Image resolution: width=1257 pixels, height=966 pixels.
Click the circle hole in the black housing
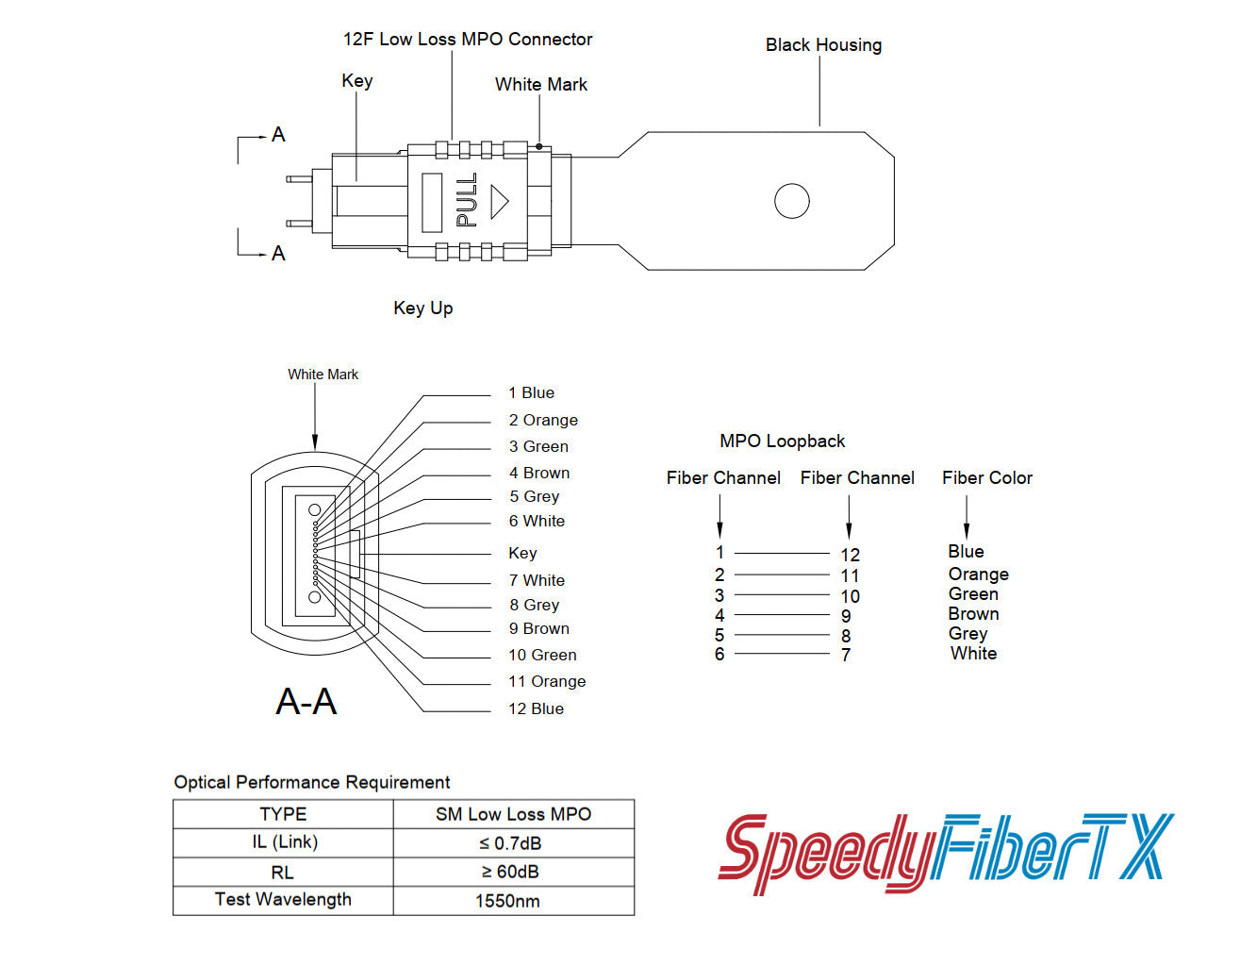coord(791,201)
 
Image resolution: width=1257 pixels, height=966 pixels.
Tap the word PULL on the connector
coord(467,200)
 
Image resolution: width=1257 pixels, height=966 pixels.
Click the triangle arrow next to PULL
coord(499,201)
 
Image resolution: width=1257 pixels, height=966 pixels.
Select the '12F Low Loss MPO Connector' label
coord(468,40)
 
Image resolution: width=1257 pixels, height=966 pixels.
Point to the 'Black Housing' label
coord(823,45)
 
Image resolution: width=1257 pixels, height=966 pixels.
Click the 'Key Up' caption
coord(423,308)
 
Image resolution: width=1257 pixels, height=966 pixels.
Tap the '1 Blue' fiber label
coord(531,393)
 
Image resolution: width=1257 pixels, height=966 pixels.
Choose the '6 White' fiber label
coord(537,522)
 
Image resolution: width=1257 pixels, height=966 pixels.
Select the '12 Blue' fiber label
coord(536,709)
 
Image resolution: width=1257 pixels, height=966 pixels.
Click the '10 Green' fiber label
coord(542,656)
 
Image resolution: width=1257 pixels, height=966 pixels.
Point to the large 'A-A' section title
coord(306,702)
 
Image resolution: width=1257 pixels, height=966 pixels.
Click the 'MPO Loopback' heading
coord(782,441)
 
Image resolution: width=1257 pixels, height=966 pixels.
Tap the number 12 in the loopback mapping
coord(850,556)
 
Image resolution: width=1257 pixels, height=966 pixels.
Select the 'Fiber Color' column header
coord(986,478)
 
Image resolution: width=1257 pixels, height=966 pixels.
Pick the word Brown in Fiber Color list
coord(973,614)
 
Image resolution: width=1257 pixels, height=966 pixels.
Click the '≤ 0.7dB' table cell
coord(510,843)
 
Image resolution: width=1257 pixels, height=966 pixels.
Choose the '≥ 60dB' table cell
coord(510,873)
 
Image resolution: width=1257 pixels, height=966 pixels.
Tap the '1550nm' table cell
coord(507,902)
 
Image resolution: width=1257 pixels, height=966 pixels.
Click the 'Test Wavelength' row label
coord(283,900)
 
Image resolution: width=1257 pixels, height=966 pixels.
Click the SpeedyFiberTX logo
coord(946,852)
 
